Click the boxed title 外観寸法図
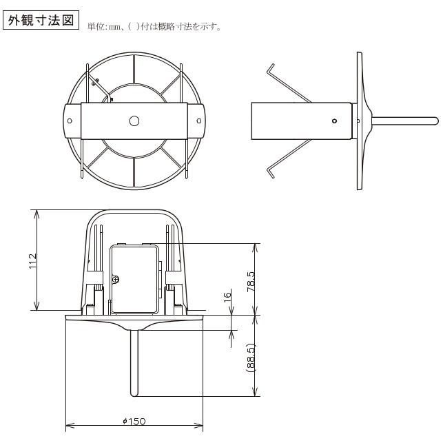[x=41, y=21]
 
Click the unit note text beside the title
[x=154, y=27]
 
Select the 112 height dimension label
[x=32, y=261]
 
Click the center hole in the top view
[x=134, y=121]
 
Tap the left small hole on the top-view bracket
[x=70, y=121]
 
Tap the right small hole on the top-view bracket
[x=198, y=121]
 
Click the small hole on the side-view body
[x=334, y=121]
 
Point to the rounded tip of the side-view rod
[x=435, y=121]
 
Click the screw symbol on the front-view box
[x=116, y=280]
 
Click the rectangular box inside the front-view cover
[x=134, y=279]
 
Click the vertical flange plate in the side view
[x=359, y=121]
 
